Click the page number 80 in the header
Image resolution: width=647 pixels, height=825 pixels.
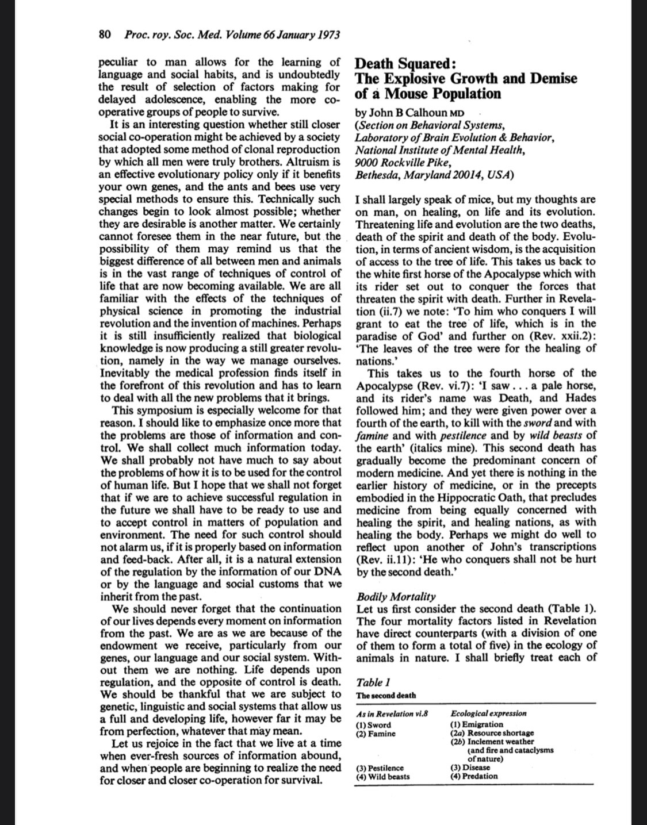point(105,35)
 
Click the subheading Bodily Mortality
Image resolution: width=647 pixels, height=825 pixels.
point(396,596)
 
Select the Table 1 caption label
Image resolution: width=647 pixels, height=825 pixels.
point(373,682)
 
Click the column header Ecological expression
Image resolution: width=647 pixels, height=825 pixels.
point(488,713)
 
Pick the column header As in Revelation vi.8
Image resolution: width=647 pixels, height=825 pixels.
point(392,713)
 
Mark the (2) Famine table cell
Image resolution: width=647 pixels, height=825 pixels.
point(376,733)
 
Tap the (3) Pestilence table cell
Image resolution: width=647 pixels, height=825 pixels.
point(380,768)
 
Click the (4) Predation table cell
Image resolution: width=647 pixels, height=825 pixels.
point(474,776)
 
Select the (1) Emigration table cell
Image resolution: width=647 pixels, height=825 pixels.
point(477,724)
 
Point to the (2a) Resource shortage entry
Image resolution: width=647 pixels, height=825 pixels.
point(492,733)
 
